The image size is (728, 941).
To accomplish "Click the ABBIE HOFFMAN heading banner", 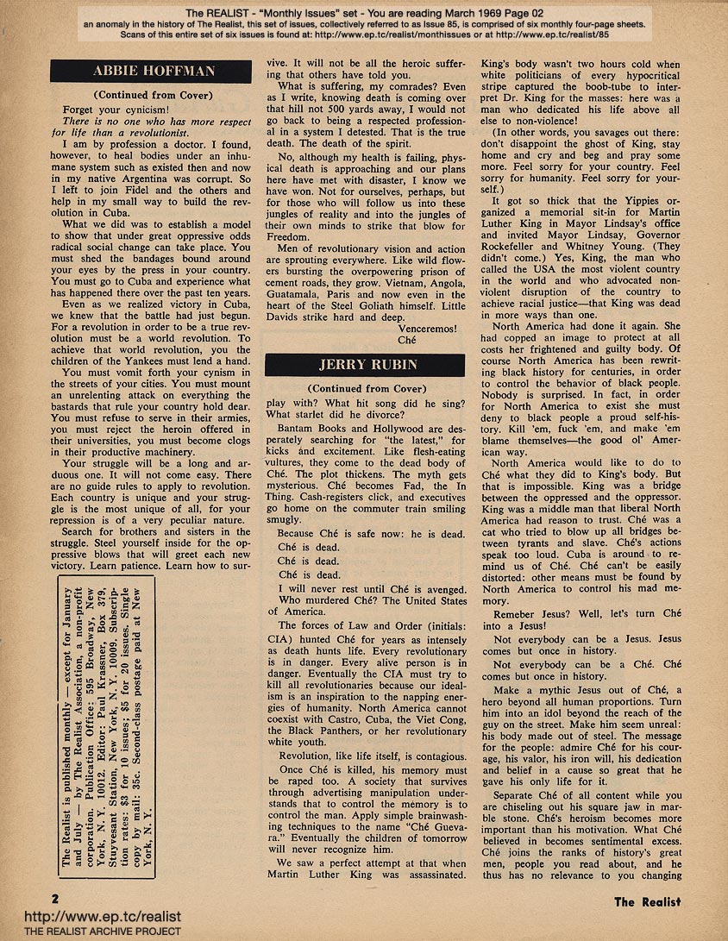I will point(155,72).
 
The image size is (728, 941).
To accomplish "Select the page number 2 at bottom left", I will point(55,899).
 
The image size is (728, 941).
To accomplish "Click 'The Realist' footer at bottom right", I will point(647,902).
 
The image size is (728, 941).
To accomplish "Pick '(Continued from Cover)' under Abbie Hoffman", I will point(155,96).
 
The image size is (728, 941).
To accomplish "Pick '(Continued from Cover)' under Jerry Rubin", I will point(368,389).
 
